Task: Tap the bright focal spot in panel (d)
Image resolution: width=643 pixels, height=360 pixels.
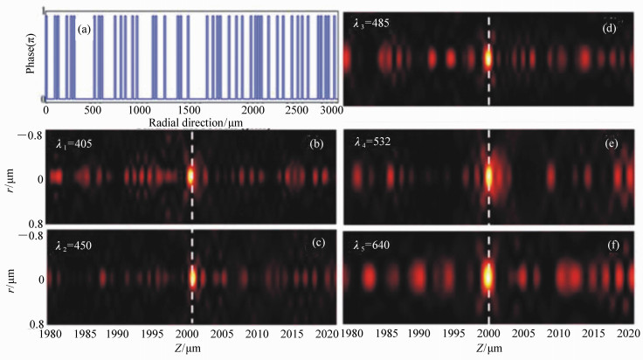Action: [x=489, y=59]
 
